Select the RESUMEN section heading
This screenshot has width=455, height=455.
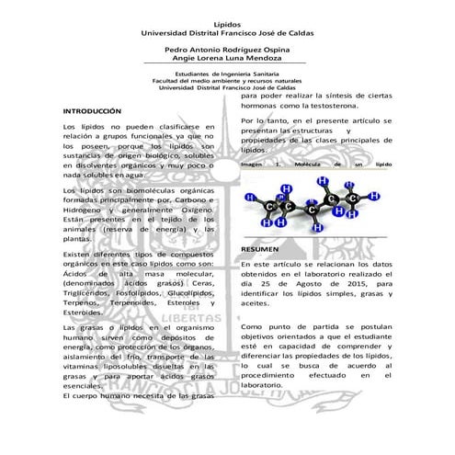(x=260, y=249)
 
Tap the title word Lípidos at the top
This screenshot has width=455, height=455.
(x=227, y=24)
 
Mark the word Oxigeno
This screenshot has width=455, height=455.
(x=198, y=210)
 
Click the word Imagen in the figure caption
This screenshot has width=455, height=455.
(x=252, y=164)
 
